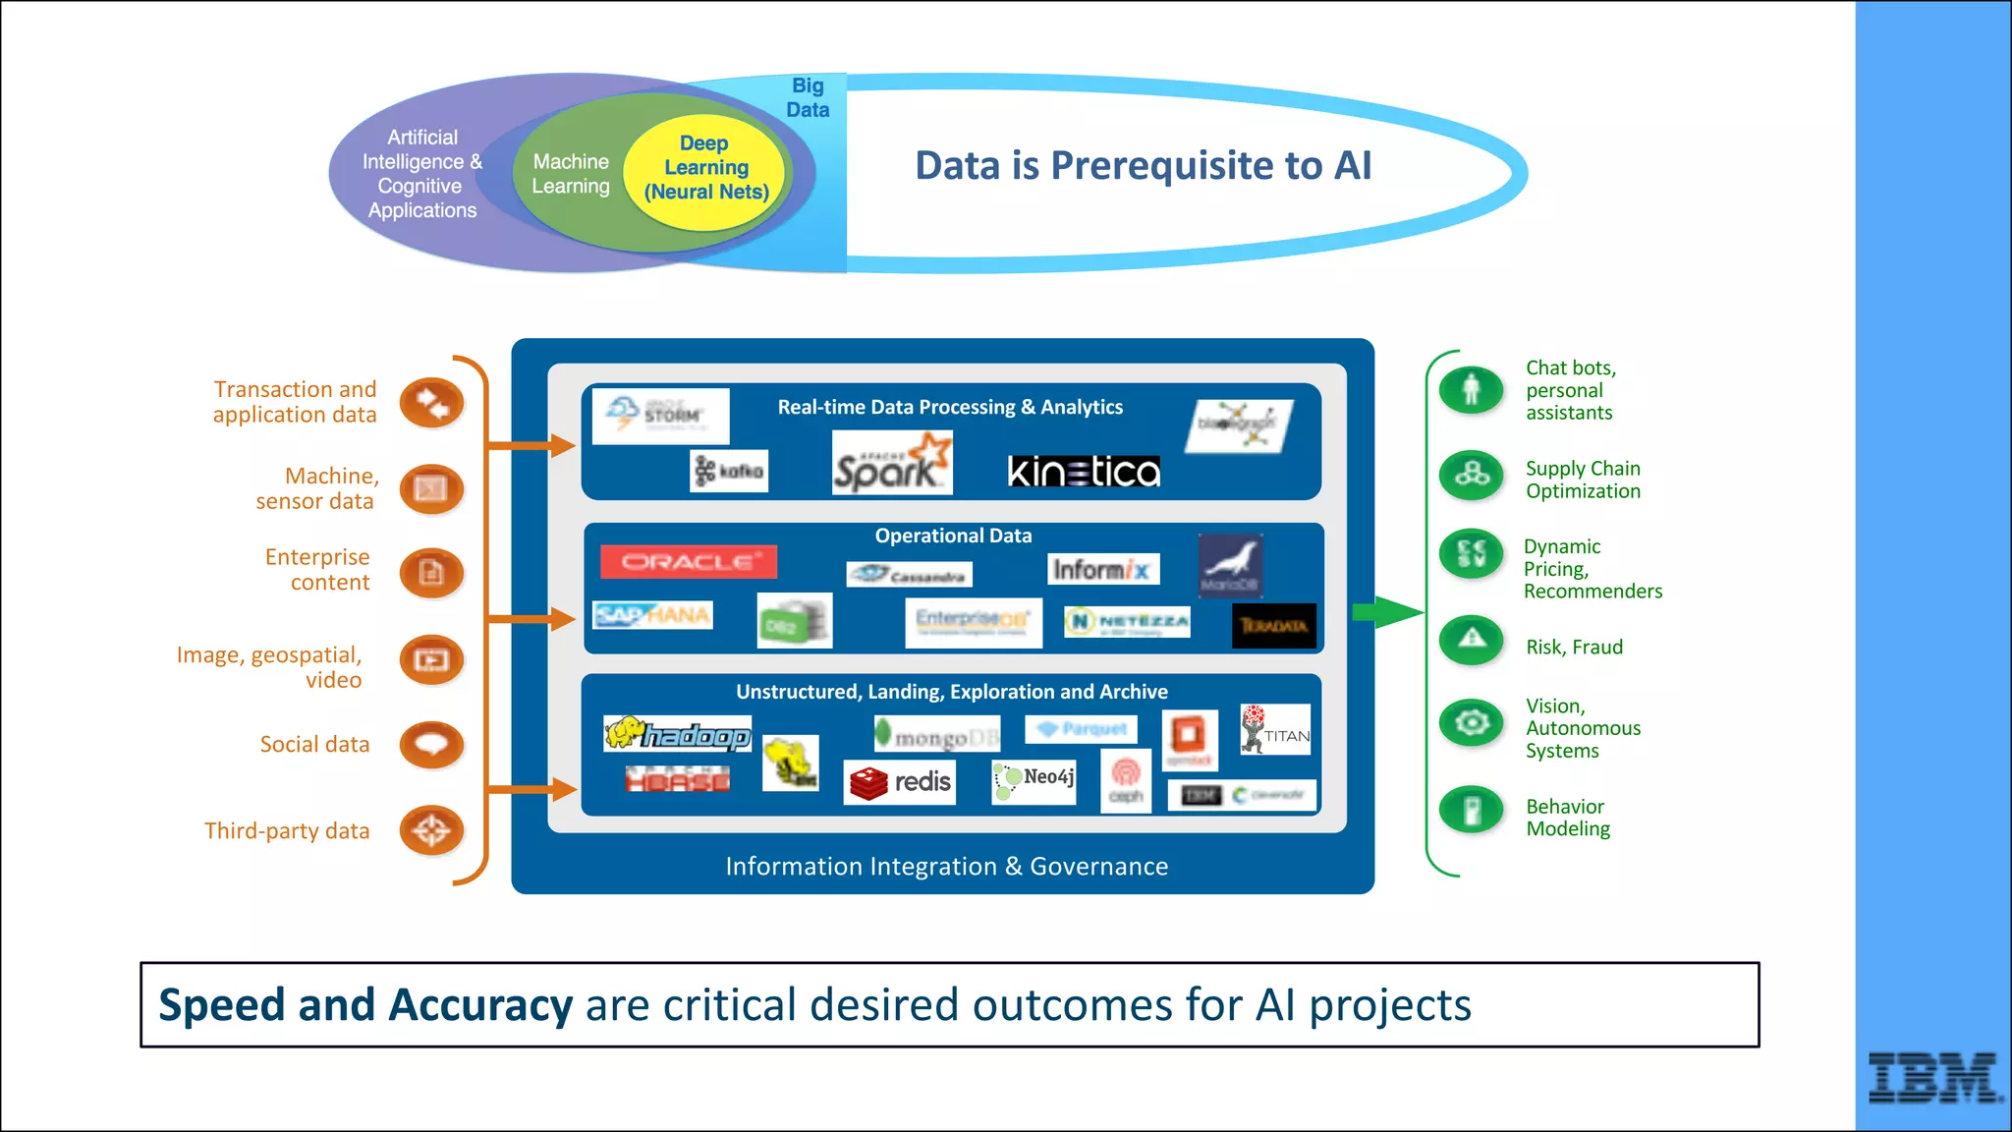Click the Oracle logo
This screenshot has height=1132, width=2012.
[x=688, y=562]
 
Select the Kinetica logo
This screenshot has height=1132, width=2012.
[x=1084, y=472]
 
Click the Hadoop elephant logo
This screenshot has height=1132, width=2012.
[x=678, y=734]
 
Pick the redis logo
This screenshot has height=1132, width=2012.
[x=900, y=782]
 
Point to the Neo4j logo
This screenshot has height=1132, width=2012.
[x=1034, y=780]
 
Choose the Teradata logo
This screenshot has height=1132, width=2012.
[x=1273, y=626]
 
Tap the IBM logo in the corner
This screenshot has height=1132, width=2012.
[x=1932, y=1077]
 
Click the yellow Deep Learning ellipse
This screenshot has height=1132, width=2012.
[x=705, y=168]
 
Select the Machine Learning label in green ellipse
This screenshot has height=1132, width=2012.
[x=570, y=174]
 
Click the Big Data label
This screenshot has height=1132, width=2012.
[x=808, y=97]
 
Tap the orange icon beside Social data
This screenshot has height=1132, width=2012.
[x=431, y=744]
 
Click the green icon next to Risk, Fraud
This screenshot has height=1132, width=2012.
[x=1471, y=640]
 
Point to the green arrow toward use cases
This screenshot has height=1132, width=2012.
[x=1386, y=612]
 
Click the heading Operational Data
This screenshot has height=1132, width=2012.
[x=953, y=536]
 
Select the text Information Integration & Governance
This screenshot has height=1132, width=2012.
[x=946, y=866]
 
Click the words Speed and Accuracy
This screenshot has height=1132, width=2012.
[x=364, y=1005]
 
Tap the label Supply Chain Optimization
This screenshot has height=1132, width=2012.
[x=1582, y=480]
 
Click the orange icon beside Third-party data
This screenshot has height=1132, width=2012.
[x=431, y=830]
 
